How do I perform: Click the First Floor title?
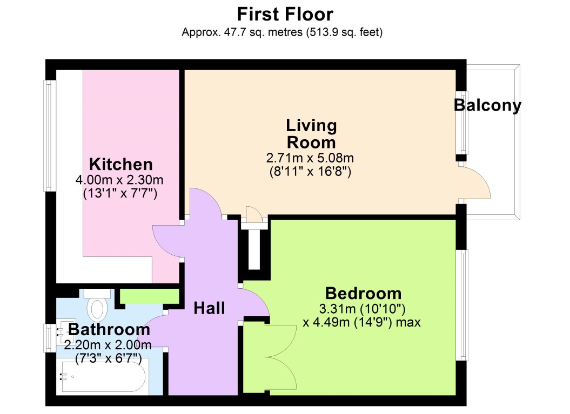tap(285, 15)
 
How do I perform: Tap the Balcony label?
tap(487, 106)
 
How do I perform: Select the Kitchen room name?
tap(120, 164)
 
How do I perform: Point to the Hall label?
tap(209, 308)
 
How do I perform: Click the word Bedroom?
tap(363, 294)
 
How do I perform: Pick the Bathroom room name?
tap(109, 330)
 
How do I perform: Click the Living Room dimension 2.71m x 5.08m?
tap(310, 158)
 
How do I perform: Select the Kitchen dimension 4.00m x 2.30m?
tap(119, 180)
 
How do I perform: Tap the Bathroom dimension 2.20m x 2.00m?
tap(108, 344)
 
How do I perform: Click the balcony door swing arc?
tap(480, 180)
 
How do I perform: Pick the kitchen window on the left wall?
tap(50, 135)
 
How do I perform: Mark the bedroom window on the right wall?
tap(463, 304)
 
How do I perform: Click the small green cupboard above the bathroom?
tap(150, 296)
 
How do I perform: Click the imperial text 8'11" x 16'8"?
tap(310, 172)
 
